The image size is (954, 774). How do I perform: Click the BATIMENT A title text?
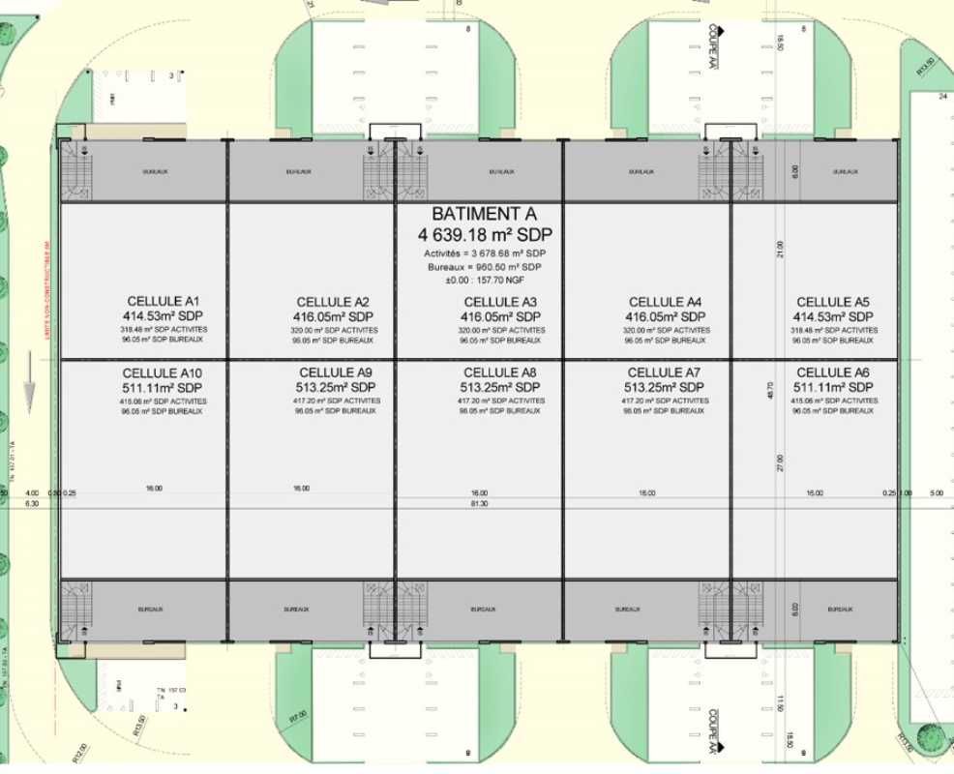click(x=483, y=215)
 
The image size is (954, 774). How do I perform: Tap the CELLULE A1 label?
click(x=163, y=301)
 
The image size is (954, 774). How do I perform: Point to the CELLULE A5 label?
click(x=833, y=302)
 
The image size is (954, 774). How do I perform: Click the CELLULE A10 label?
click(x=163, y=372)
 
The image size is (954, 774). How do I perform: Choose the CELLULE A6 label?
click(x=833, y=372)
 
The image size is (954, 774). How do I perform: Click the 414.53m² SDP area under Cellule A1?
click(x=163, y=315)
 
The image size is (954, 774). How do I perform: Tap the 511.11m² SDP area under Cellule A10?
click(x=163, y=387)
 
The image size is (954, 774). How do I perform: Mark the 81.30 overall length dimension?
click(x=479, y=504)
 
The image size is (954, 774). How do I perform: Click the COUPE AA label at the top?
click(x=713, y=47)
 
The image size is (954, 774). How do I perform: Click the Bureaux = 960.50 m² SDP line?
click(x=483, y=266)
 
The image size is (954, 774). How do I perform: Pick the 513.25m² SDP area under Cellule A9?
click(x=336, y=387)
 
